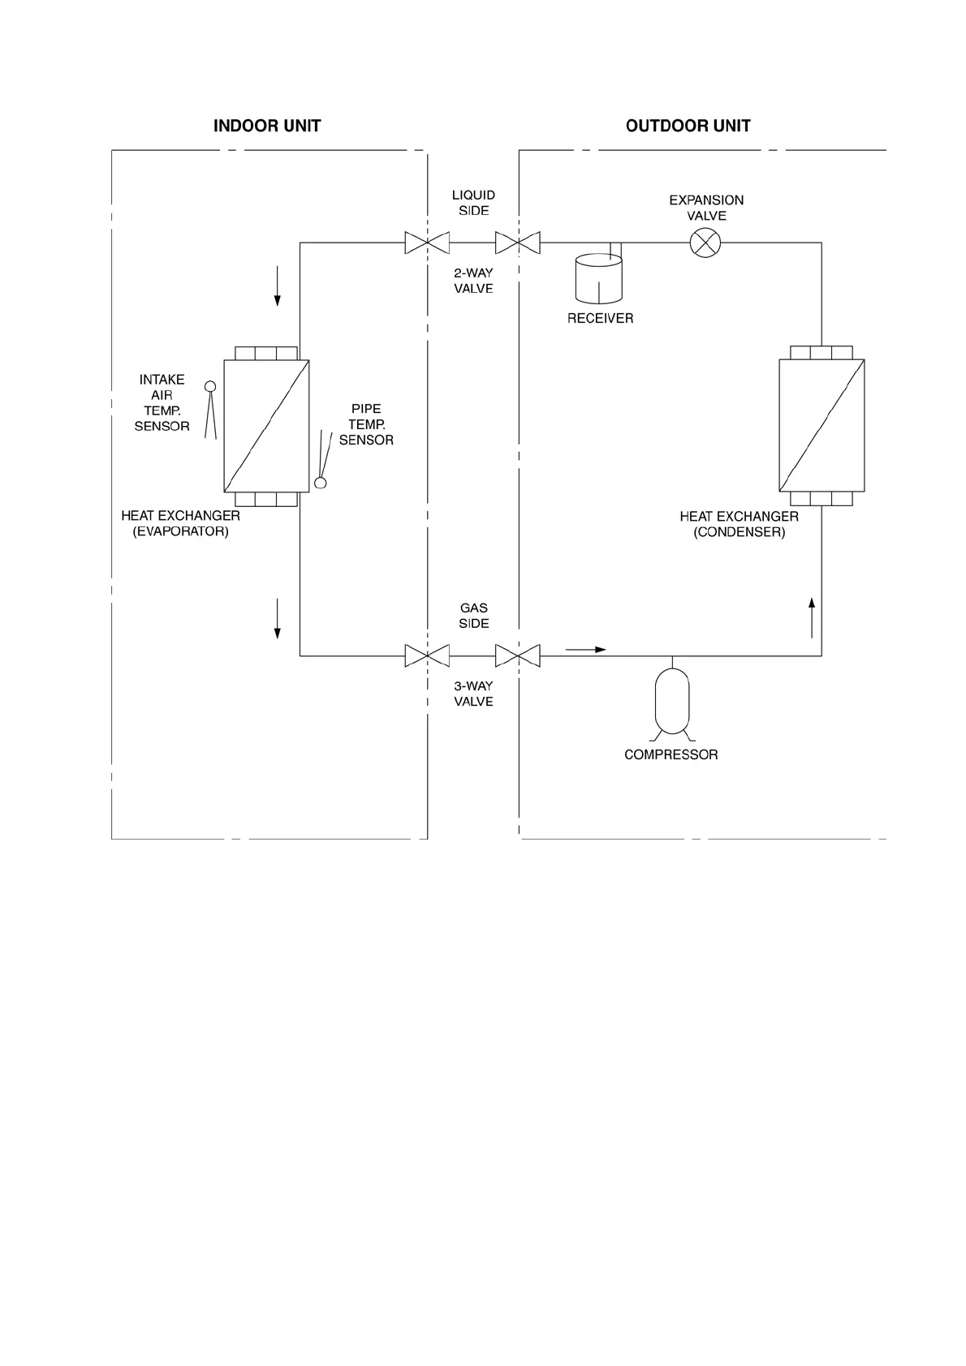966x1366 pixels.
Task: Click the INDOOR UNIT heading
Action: (x=267, y=126)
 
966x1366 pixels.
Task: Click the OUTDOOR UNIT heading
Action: (x=688, y=126)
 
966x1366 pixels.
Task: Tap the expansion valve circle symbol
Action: (x=705, y=243)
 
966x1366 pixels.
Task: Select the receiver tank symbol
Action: (x=598, y=279)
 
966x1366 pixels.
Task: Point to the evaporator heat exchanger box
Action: (x=266, y=426)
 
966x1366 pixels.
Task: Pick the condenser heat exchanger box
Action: (x=822, y=426)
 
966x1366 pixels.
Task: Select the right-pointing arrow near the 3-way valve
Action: (x=585, y=650)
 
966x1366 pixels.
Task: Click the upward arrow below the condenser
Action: (x=812, y=617)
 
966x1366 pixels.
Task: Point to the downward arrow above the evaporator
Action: (x=278, y=286)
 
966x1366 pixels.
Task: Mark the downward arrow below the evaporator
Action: (x=278, y=618)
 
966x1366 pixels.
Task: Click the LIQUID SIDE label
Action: (x=473, y=203)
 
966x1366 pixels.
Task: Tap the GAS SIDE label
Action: (x=474, y=616)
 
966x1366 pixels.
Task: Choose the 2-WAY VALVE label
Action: (x=473, y=281)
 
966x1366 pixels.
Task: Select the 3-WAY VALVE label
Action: (x=473, y=694)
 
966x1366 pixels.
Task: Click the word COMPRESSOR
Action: (x=671, y=754)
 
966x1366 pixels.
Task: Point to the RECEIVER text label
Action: (x=600, y=318)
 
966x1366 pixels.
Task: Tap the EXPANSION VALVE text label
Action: (x=706, y=208)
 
